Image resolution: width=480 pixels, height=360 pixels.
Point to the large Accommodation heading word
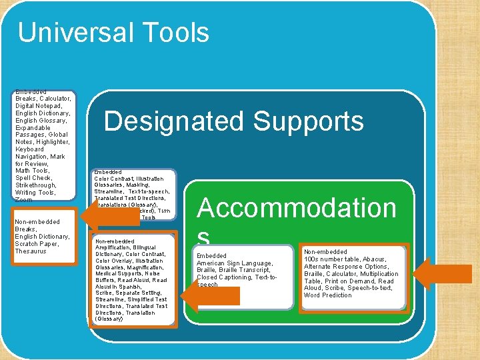(x=297, y=208)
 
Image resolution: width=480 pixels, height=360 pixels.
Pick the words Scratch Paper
(x=33, y=244)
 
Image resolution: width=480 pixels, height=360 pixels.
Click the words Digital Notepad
(x=38, y=106)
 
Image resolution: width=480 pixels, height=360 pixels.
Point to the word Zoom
(x=23, y=199)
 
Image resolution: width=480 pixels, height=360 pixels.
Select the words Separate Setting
(x=137, y=293)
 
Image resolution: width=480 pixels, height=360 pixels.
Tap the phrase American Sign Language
(x=235, y=263)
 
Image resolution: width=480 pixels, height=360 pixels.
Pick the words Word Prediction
(x=327, y=295)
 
